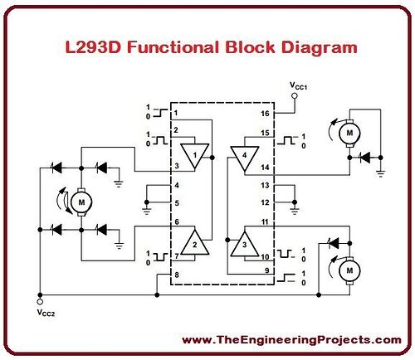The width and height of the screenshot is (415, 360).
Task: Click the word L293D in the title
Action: [x=94, y=47]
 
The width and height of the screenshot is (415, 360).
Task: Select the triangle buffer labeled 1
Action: [x=195, y=155]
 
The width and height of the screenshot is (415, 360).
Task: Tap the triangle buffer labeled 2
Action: [x=195, y=242]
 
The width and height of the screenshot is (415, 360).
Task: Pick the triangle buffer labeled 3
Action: [x=244, y=244]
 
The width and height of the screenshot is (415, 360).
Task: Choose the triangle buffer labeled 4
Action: [x=245, y=158]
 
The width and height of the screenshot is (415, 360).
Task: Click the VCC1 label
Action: [x=298, y=86]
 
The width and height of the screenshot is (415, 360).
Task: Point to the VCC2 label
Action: [x=46, y=313]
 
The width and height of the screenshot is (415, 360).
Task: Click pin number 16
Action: [x=265, y=114]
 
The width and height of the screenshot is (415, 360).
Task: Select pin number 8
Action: [x=177, y=275]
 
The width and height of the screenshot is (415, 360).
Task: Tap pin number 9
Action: [x=267, y=270]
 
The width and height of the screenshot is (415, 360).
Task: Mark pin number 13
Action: [x=265, y=185]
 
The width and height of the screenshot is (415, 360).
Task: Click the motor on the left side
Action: [x=81, y=202]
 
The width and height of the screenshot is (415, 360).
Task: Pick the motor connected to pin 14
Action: [x=349, y=134]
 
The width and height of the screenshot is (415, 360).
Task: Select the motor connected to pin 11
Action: [x=349, y=270]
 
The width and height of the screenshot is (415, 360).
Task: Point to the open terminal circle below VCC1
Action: [x=295, y=96]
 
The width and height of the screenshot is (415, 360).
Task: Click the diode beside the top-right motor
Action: [x=364, y=158]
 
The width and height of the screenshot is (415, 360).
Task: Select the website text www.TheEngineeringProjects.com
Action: [x=291, y=340]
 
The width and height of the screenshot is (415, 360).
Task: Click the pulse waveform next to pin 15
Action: [x=287, y=140]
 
